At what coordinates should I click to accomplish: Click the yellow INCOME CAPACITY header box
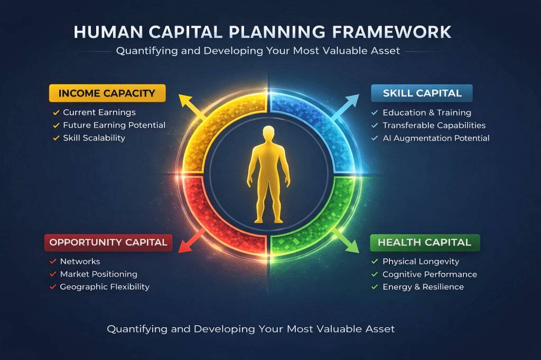(x=107, y=93)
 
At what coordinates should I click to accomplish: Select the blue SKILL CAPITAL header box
(x=422, y=93)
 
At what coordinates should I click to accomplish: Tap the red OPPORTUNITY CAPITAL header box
(x=108, y=242)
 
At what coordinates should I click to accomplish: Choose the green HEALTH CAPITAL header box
(x=425, y=242)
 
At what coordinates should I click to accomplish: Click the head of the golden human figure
(x=268, y=133)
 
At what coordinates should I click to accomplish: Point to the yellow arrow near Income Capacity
(x=192, y=107)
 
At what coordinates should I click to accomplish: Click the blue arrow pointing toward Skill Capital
(x=345, y=107)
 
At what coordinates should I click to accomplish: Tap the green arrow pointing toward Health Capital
(x=346, y=241)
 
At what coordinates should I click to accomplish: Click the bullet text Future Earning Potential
(x=114, y=125)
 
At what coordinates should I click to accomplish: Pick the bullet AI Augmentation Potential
(x=436, y=138)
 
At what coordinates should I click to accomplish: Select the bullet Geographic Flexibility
(x=105, y=287)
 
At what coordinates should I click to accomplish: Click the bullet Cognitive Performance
(x=430, y=274)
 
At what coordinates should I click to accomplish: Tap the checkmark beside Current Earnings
(x=56, y=112)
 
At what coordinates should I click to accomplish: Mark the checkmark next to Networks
(x=53, y=261)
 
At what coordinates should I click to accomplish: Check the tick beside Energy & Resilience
(x=375, y=287)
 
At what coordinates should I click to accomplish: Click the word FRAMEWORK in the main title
(x=391, y=32)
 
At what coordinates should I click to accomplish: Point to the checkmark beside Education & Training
(x=375, y=112)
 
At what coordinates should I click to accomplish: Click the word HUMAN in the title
(x=108, y=32)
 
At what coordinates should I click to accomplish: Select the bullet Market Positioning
(x=99, y=274)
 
